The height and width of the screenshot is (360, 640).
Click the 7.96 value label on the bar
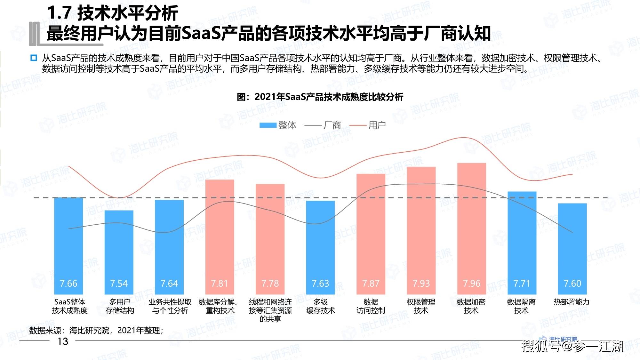tap(471, 284)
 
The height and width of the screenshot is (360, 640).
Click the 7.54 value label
tap(119, 284)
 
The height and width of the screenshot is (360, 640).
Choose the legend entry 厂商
tap(323, 125)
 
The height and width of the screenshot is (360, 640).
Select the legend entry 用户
tap(368, 125)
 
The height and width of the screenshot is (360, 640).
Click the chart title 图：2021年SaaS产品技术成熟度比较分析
tap(320, 97)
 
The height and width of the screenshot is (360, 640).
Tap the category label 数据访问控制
tap(371, 306)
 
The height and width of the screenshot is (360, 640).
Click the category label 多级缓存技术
tap(320, 306)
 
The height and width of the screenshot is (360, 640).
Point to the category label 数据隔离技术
tap(521, 306)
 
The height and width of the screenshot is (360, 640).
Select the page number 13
tap(63, 341)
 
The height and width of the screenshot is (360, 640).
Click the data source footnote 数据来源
tap(96, 330)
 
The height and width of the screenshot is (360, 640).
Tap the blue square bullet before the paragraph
tap(34, 58)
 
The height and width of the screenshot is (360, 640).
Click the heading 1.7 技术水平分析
tap(112, 13)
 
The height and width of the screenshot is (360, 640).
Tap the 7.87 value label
tap(371, 284)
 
